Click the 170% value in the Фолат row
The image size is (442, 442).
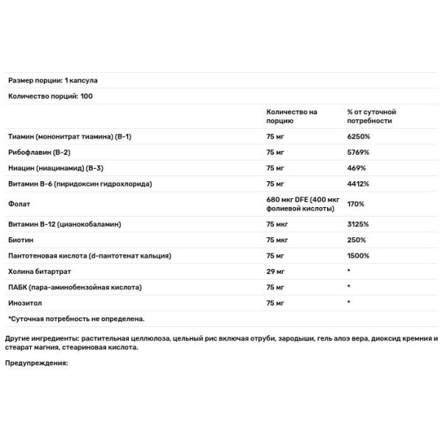(x=357, y=203)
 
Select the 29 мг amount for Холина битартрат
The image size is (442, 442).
(x=275, y=270)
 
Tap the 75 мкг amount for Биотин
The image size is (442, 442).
(x=277, y=239)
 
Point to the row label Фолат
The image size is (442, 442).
(x=18, y=203)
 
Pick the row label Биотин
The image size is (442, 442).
(x=21, y=239)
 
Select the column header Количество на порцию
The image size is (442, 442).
(x=292, y=116)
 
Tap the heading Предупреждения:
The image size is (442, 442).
(x=36, y=362)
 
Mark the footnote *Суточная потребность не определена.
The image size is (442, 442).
(x=76, y=318)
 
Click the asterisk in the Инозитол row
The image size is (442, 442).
(x=349, y=301)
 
